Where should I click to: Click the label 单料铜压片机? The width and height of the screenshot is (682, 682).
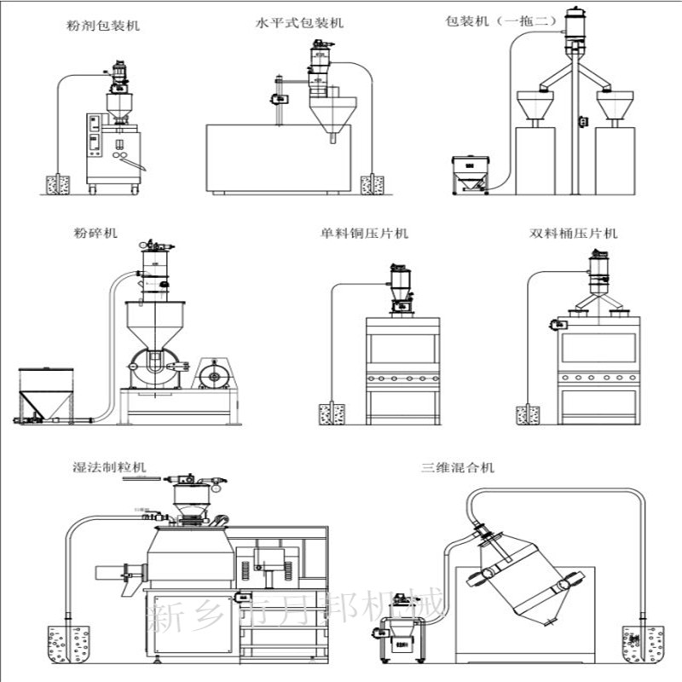(x=365, y=233)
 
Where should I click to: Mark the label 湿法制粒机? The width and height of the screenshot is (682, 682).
(x=108, y=467)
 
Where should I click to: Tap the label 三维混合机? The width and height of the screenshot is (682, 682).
(x=457, y=467)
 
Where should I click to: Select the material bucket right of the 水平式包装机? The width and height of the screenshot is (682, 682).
(x=372, y=184)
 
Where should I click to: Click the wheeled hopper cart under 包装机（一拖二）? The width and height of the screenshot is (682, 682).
(x=468, y=174)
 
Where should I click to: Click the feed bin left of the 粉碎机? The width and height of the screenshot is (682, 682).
(x=44, y=392)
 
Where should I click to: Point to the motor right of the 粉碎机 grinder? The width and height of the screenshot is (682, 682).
(x=211, y=374)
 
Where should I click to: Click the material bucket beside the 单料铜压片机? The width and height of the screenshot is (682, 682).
(x=331, y=414)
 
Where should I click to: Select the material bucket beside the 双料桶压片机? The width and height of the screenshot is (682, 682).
(x=528, y=414)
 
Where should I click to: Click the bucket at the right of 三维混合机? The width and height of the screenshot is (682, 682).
(x=643, y=644)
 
